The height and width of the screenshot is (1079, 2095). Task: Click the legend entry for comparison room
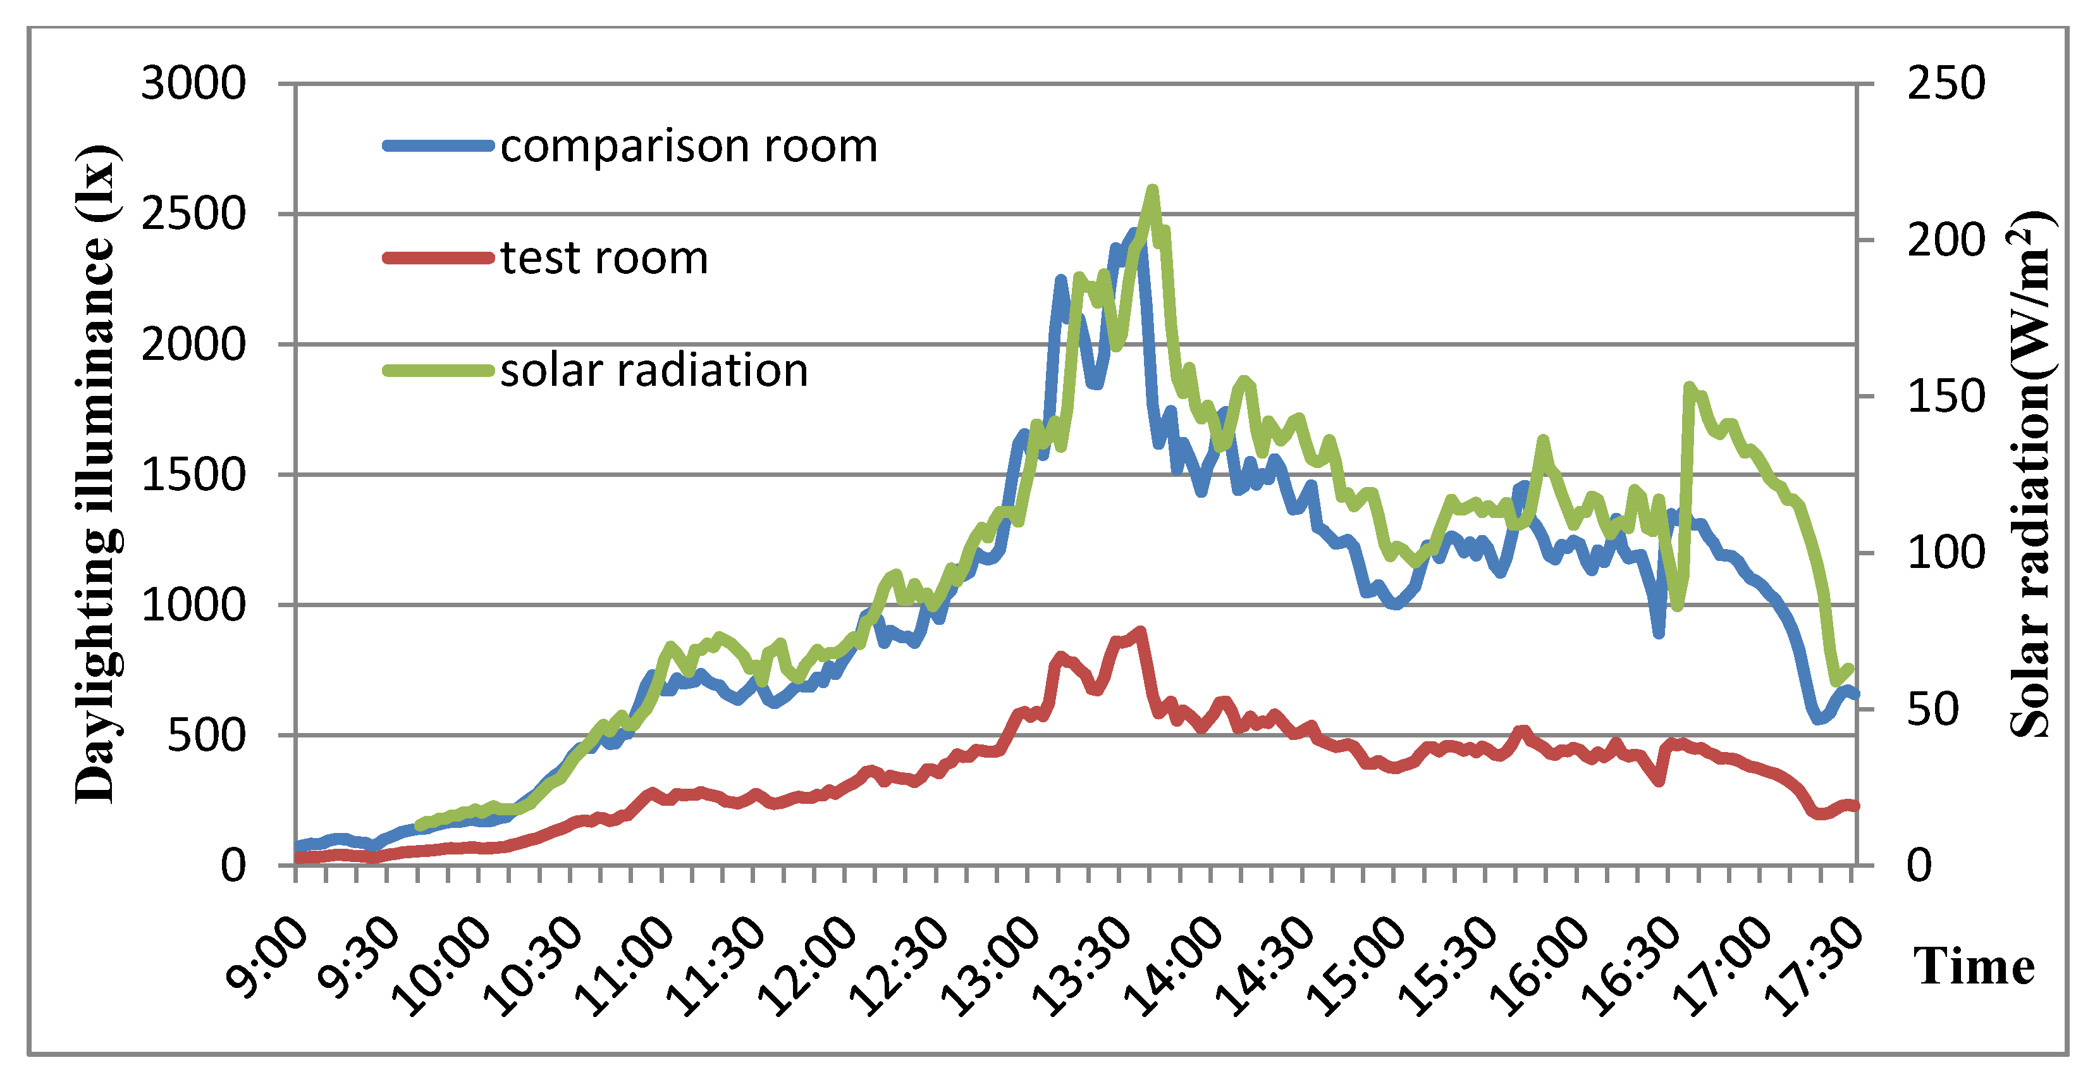pyautogui.click(x=688, y=147)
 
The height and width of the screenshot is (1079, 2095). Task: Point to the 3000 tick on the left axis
pyautogui.click(x=193, y=84)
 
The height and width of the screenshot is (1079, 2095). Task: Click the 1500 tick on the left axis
pyautogui.click(x=193, y=475)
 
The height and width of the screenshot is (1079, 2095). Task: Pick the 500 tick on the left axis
pyautogui.click(x=206, y=736)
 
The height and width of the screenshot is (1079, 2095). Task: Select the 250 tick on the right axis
pyautogui.click(x=1945, y=84)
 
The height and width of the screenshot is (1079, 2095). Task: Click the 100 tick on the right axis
pyautogui.click(x=1945, y=553)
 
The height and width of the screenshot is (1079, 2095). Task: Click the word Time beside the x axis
pyautogui.click(x=1973, y=966)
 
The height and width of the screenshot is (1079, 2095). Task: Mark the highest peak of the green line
pyautogui.click(x=1152, y=190)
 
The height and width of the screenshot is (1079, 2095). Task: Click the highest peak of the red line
pyautogui.click(x=1141, y=631)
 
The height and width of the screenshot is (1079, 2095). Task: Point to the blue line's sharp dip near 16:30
pyautogui.click(x=1658, y=633)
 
